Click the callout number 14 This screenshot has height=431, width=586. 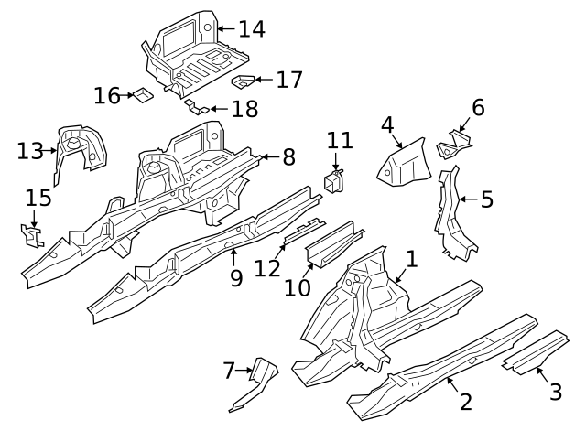252,29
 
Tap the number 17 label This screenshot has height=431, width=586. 289,80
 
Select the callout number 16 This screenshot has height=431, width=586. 107,95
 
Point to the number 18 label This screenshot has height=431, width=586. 244,110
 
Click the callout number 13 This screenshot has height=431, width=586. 30,150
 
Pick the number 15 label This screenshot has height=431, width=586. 38,197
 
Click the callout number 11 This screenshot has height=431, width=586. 340,140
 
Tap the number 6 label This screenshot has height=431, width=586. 478,108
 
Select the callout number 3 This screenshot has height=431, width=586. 556,393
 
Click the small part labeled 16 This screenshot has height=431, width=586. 142,94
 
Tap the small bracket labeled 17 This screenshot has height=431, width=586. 244,81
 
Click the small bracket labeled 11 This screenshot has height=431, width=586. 333,178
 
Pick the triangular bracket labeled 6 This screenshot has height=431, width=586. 455,142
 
